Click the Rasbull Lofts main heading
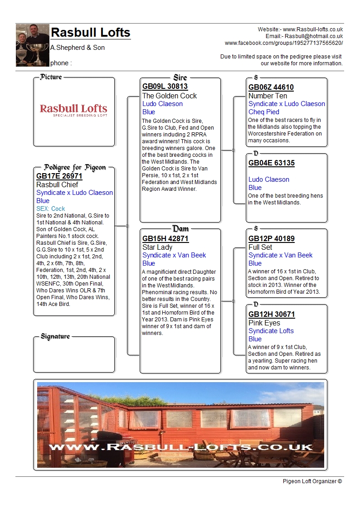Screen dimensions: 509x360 pyautogui.click(x=91, y=33)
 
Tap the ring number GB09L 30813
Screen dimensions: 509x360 pyautogui.click(x=165, y=87)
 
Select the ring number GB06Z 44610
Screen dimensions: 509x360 pyautogui.click(x=271, y=87)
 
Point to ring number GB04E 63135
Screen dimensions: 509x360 pyautogui.click(x=272, y=163)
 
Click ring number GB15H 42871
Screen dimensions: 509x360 pyautogui.click(x=165, y=239)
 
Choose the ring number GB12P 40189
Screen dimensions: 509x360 pyautogui.click(x=272, y=239)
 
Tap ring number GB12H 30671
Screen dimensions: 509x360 pyautogui.click(x=272, y=315)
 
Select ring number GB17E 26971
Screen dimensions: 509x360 pyautogui.click(x=59, y=176)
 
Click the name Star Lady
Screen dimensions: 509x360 pyautogui.click(x=157, y=247)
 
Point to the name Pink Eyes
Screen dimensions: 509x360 pyautogui.click(x=264, y=323)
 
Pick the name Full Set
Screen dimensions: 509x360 pyautogui.click(x=260, y=247)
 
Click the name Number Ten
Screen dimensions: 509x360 pyautogui.click(x=268, y=96)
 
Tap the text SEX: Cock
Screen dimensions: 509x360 pyautogui.click(x=51, y=209)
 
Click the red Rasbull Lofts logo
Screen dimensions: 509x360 pyautogui.click(x=73, y=110)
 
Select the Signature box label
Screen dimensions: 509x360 pyautogui.click(x=55, y=337)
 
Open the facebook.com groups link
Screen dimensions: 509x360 pyautogui.click(x=284, y=43)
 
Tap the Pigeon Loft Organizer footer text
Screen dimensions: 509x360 pyautogui.click(x=312, y=481)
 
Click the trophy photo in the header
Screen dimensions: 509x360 pyautogui.click(x=32, y=45)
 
